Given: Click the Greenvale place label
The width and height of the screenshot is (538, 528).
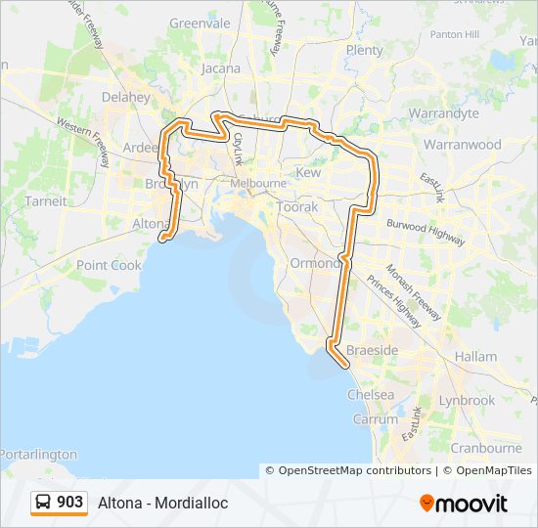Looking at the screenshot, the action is pos(200,22).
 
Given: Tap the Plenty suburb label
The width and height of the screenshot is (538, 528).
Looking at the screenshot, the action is pos(364,50).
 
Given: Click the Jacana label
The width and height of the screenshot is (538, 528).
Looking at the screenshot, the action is pos(220,68).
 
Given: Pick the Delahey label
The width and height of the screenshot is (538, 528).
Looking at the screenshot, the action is pos(126,97).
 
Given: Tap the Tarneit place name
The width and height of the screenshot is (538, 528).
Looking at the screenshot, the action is pos(47,201).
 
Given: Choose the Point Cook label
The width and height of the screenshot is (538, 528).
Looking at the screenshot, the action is pos(109,265).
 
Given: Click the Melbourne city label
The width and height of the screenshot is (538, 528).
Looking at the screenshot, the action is pos(258,183).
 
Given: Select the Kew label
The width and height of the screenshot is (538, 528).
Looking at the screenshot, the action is pos(308,172).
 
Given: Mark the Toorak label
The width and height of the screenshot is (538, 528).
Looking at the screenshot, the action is pos(298,208).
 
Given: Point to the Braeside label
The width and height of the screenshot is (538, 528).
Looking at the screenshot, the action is pos(372,350).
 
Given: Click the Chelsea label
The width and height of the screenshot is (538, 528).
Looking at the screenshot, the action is pos(372,395).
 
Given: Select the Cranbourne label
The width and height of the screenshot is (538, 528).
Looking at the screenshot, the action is pos(486,448).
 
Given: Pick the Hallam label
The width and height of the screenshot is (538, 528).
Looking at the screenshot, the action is pos(476,357).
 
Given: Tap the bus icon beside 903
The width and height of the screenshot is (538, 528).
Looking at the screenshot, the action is pos(44,503).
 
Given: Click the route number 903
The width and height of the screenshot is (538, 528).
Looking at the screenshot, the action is pos(69,503).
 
